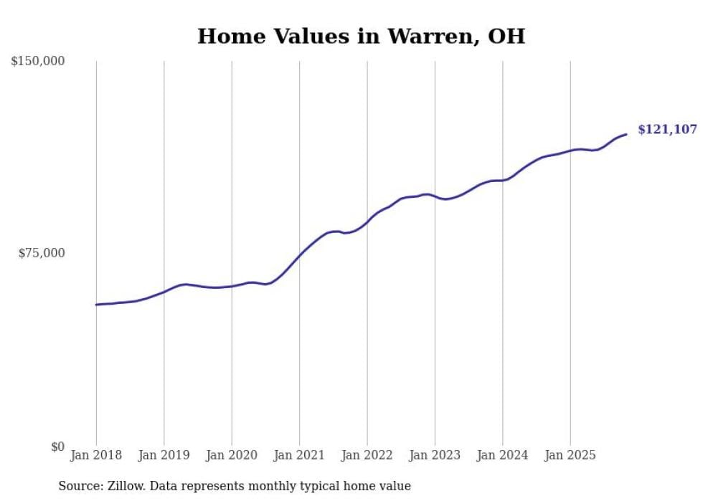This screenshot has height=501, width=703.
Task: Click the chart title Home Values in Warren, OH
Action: (x=361, y=36)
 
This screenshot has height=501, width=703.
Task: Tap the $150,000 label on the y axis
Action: (x=38, y=62)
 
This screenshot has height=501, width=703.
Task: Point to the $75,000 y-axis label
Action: (x=42, y=253)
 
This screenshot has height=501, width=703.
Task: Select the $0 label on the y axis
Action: (x=57, y=447)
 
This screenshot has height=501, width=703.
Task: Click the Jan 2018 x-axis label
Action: (x=96, y=455)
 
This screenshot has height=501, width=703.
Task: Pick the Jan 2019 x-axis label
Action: (x=164, y=455)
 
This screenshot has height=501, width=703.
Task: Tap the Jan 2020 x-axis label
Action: (x=232, y=455)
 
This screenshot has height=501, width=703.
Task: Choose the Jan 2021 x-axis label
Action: (x=299, y=455)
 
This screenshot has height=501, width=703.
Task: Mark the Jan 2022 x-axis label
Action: (x=367, y=455)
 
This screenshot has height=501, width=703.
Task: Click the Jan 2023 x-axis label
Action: (x=435, y=455)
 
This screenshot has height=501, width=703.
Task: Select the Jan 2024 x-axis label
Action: (x=502, y=455)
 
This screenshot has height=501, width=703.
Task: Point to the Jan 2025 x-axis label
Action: (x=570, y=455)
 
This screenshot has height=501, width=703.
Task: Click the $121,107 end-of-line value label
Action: (x=667, y=130)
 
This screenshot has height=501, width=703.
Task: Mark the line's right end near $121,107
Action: (x=626, y=134)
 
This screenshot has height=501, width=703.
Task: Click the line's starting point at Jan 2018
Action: (x=96, y=305)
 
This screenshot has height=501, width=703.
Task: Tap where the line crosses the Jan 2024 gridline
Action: (x=502, y=180)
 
